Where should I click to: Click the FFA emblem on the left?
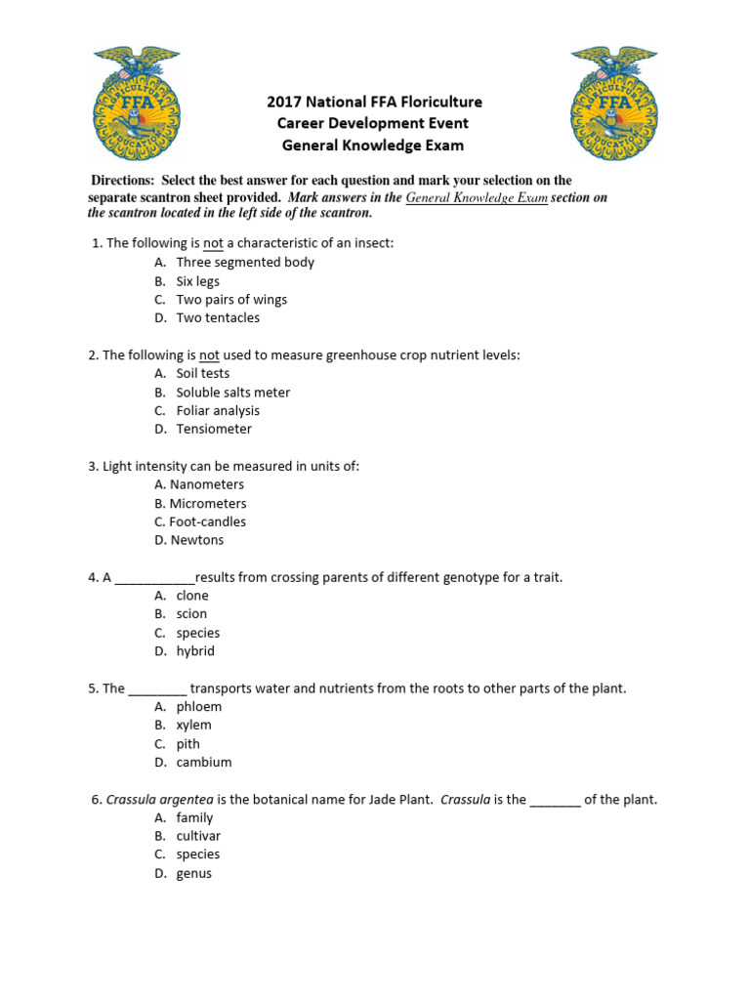tap(137, 104)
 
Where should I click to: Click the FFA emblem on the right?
tap(614, 104)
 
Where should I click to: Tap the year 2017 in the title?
tap(285, 102)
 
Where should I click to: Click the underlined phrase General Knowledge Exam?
tap(477, 197)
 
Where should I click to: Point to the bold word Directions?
tap(122, 181)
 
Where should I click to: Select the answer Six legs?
tap(197, 281)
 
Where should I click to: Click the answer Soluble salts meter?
tap(232, 392)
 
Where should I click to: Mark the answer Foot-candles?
tap(207, 521)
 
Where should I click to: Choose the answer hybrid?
tap(195, 651)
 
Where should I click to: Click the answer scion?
tap(191, 614)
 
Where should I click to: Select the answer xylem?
tap(193, 726)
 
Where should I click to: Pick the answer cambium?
tap(203, 763)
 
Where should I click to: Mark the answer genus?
tap(193, 874)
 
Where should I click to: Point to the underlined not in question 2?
tap(209, 355)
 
